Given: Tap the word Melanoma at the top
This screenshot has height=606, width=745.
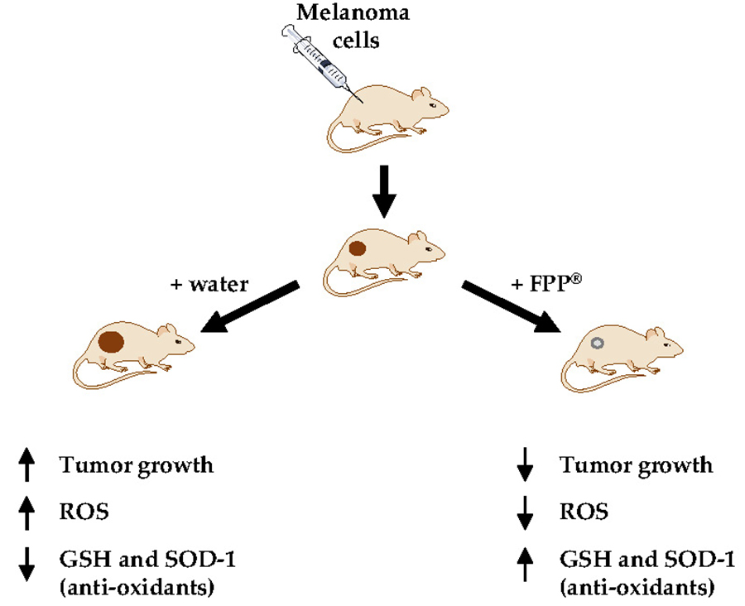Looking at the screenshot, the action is (353, 12).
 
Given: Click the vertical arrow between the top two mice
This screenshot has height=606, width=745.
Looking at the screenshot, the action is (384, 191).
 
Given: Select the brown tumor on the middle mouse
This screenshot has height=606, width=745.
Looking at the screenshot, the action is (358, 248).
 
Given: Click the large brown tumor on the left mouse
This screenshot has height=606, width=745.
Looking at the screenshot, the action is (112, 342).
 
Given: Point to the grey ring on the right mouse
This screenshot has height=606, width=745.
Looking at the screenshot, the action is (597, 343).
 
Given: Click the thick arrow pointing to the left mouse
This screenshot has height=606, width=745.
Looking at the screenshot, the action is (250, 307).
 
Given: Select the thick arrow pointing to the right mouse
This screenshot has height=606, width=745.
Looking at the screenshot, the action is (512, 307).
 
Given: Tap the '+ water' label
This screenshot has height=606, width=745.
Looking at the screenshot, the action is (209, 284).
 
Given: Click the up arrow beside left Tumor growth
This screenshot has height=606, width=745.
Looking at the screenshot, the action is (27, 464).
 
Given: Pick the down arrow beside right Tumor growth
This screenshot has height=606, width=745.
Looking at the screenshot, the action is (525, 464).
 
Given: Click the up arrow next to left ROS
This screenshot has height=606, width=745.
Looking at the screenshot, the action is (27, 512).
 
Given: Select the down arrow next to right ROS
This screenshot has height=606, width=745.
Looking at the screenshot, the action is (525, 512).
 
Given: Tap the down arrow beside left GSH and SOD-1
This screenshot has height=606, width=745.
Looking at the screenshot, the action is (27, 564).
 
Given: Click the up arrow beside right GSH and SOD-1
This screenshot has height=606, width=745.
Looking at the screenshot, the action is (525, 564).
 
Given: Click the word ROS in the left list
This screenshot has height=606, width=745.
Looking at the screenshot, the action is (84, 512).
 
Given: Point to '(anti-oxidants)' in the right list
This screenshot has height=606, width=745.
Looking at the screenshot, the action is (637, 588).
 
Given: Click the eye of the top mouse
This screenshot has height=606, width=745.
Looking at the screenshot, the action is (432, 105).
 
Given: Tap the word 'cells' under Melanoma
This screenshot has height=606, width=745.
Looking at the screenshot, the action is (356, 41).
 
